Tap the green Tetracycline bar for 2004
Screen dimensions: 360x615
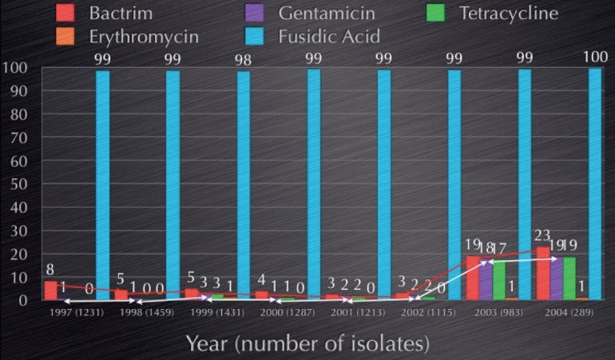point(569,278)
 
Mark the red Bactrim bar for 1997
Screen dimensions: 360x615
point(50,291)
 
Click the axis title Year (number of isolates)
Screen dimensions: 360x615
point(307,343)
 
